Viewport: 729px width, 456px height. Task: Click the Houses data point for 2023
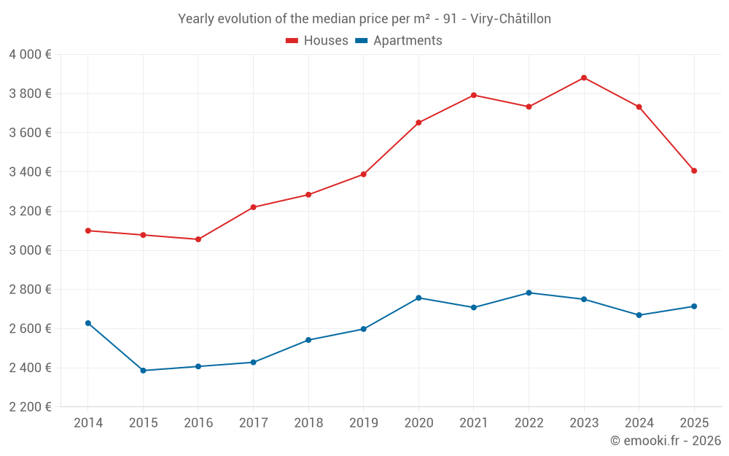(584, 78)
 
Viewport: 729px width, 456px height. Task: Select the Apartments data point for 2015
(143, 371)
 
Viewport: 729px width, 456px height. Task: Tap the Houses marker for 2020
(418, 123)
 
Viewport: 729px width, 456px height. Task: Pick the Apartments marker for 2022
(529, 293)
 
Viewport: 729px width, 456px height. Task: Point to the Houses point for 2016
(198, 239)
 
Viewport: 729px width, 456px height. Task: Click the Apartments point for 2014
(88, 323)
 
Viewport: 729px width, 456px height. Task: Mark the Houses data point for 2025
(694, 171)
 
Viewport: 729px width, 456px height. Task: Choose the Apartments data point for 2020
(418, 298)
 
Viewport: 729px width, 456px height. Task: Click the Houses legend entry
(317, 41)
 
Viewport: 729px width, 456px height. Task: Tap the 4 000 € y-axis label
(30, 55)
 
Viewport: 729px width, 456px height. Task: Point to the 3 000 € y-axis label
(30, 250)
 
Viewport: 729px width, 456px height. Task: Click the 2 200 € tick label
(30, 407)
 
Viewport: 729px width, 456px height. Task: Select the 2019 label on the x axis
(363, 422)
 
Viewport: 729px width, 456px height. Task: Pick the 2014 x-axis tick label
(88, 422)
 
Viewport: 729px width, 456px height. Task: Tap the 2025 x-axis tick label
(694, 422)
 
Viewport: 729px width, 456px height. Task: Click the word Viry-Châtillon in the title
(510, 19)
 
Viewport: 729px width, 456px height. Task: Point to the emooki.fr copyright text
(666, 441)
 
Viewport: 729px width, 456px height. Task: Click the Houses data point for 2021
(474, 95)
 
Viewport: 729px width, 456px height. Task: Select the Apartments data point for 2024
(639, 315)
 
